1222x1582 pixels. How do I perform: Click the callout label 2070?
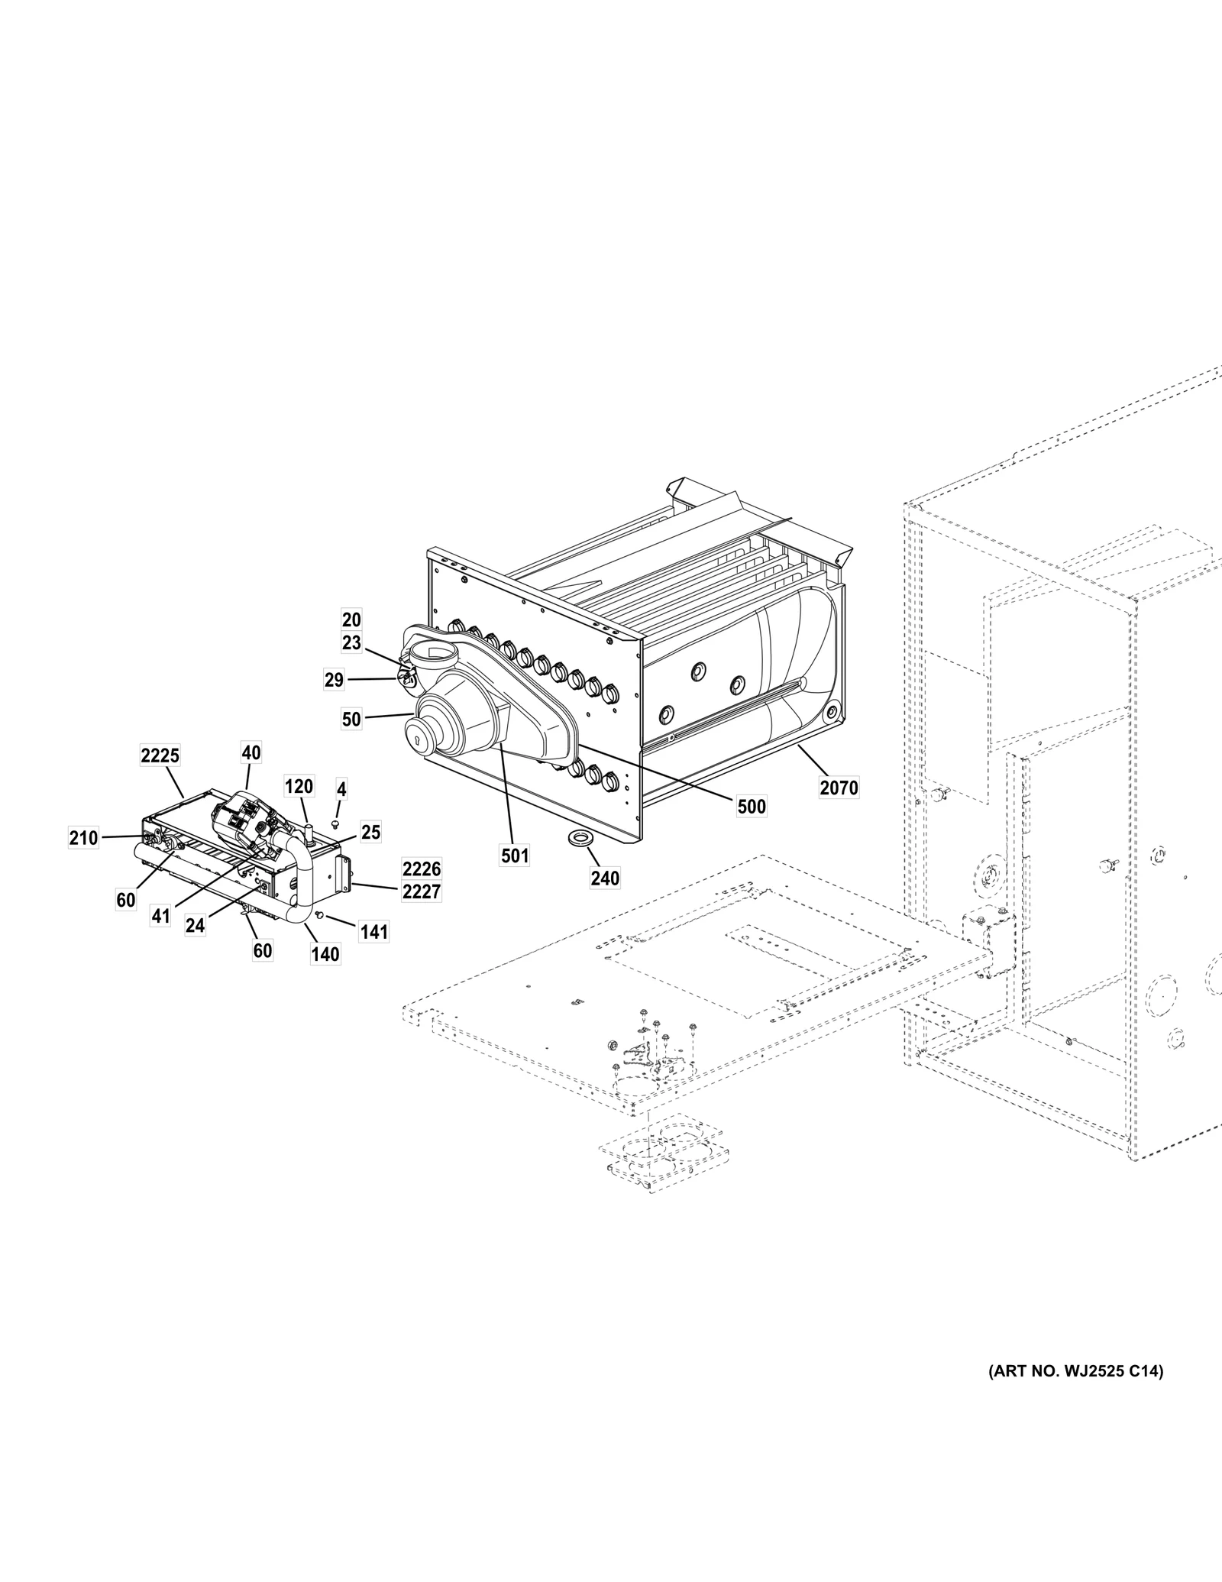pos(839,787)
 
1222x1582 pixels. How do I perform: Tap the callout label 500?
pos(752,807)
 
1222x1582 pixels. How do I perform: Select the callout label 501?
pos(515,856)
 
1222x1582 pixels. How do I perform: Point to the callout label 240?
pos(605,878)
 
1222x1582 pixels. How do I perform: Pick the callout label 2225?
pos(160,755)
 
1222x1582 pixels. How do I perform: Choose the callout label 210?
pos(83,838)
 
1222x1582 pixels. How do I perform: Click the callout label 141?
pos(374,932)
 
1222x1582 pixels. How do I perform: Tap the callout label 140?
pos(325,954)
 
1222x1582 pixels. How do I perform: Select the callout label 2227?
pos(422,891)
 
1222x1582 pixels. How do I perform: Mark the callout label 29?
pos(334,680)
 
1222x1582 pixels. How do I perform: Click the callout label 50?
pos(351,719)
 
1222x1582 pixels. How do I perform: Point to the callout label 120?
pos(299,787)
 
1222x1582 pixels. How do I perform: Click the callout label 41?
pos(160,915)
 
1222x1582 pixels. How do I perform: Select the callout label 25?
pos(370,832)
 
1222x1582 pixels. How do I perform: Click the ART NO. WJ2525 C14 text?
pos(1075,1372)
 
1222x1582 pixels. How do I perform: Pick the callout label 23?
pos(351,643)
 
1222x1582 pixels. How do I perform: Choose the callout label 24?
pos(196,925)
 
